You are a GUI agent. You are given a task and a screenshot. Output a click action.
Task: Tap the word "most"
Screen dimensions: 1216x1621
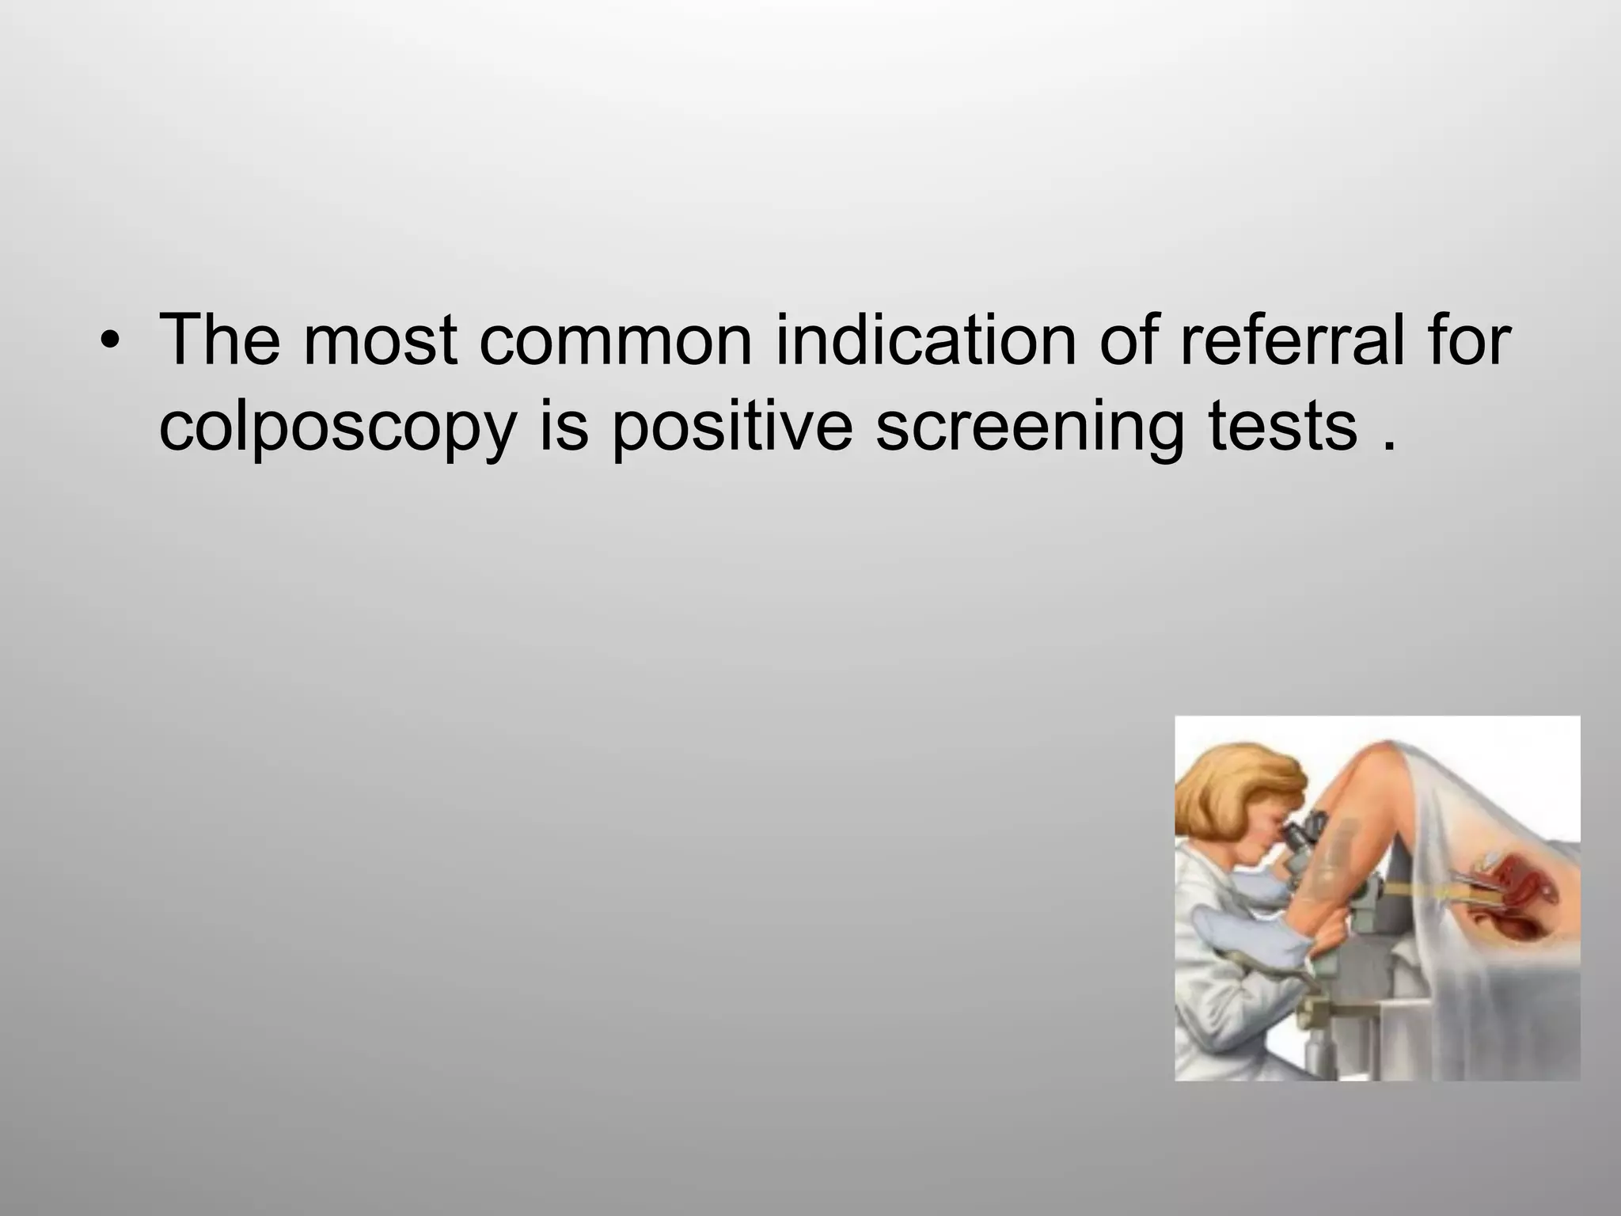pos(381,340)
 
